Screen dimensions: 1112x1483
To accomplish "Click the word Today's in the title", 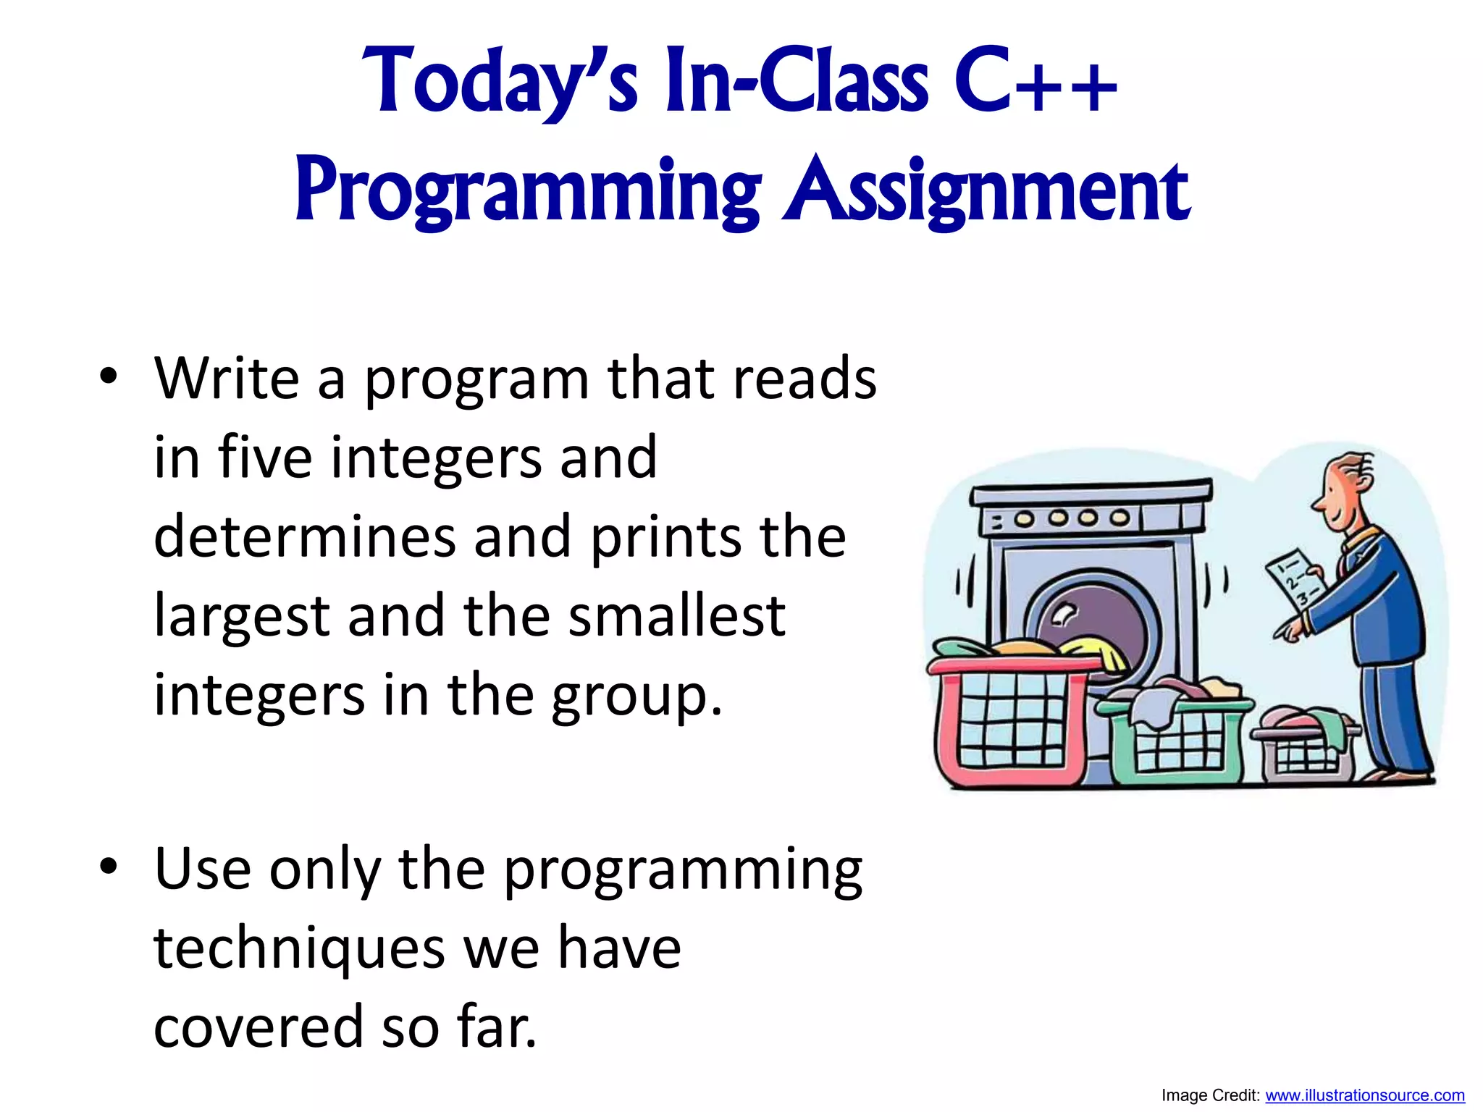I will tap(500, 81).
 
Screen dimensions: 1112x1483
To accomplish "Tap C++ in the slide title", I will tap(1035, 81).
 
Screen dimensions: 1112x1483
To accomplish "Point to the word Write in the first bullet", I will tap(227, 379).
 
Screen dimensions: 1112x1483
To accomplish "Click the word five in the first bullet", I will tap(265, 458).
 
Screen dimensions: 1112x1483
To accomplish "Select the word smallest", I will tap(676, 615).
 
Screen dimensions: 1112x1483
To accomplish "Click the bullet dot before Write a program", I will tap(109, 376).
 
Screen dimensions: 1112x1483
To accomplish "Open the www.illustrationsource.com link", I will tap(1364, 1095).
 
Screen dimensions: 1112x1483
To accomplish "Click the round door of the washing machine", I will tap(1086, 615).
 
